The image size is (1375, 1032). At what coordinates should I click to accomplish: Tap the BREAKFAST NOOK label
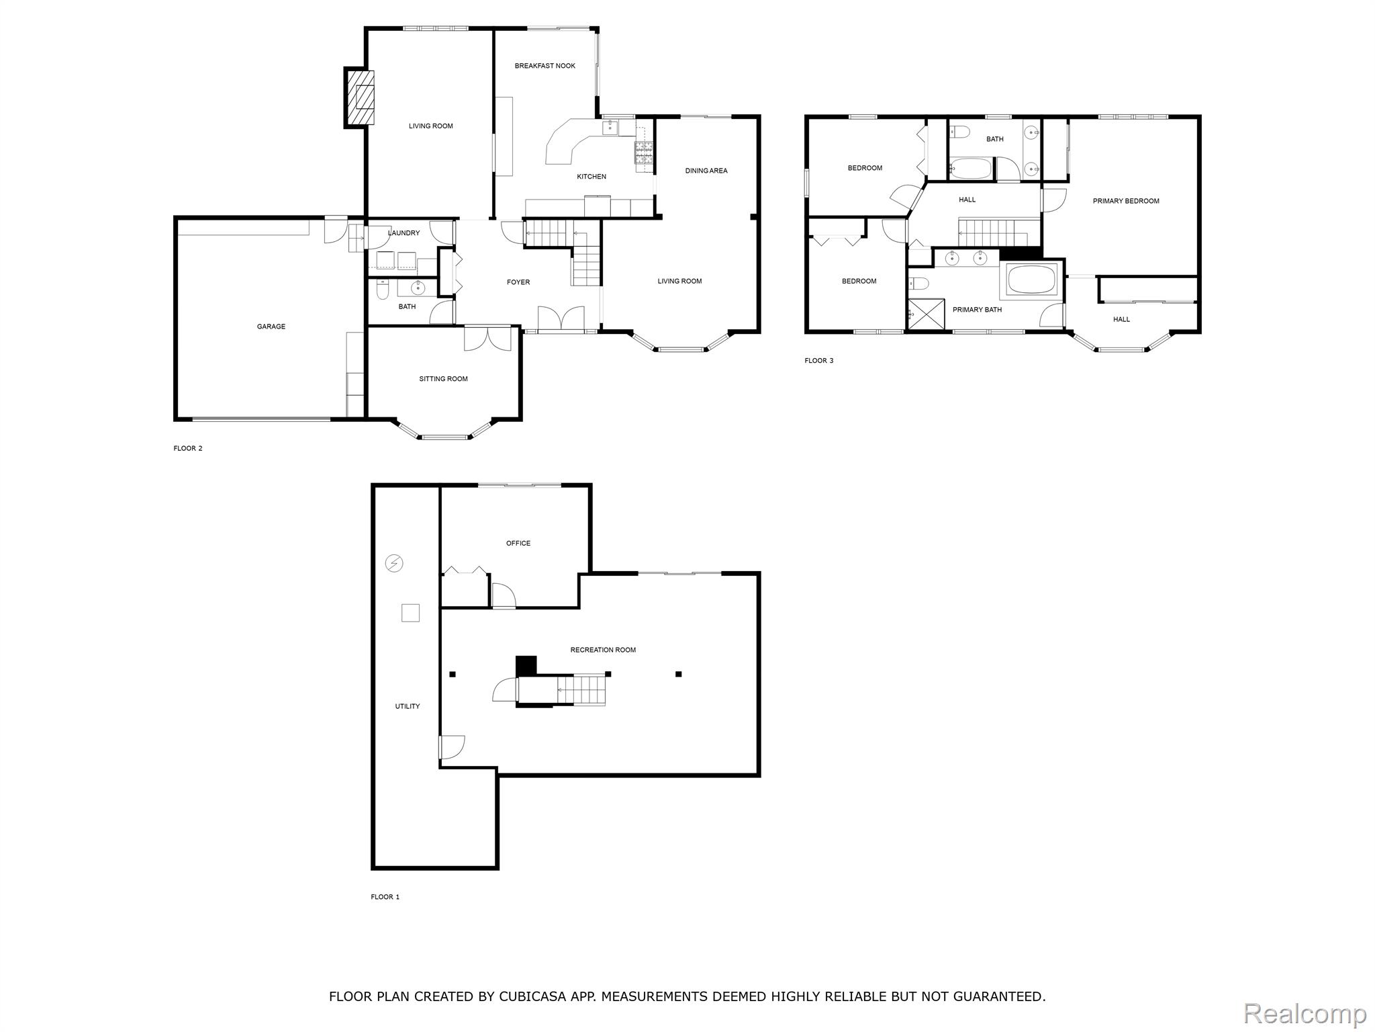pyautogui.click(x=544, y=66)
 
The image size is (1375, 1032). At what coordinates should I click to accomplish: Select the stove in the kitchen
pyautogui.click(x=644, y=153)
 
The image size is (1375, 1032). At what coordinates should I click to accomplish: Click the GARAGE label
pyautogui.click(x=271, y=327)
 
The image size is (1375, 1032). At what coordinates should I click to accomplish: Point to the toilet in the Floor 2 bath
pyautogui.click(x=383, y=290)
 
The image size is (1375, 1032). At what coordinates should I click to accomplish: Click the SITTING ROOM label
pyautogui.click(x=443, y=379)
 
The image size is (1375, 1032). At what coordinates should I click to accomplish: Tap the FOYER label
pyautogui.click(x=518, y=282)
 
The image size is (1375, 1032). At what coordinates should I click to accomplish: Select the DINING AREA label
pyautogui.click(x=706, y=171)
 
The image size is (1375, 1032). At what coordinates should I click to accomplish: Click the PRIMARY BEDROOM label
pyautogui.click(x=1125, y=201)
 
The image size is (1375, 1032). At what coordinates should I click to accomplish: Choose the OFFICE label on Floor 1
pyautogui.click(x=518, y=543)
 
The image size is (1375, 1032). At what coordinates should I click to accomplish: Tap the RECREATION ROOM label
pyautogui.click(x=602, y=650)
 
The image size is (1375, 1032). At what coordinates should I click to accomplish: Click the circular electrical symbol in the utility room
pyautogui.click(x=394, y=563)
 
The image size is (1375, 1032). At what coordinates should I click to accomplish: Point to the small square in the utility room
pyautogui.click(x=410, y=613)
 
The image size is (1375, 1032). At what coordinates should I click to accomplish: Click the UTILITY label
pyautogui.click(x=407, y=706)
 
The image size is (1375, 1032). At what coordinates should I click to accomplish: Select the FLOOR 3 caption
pyautogui.click(x=818, y=361)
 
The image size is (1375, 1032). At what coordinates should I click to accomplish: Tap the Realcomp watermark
pyautogui.click(x=1305, y=1013)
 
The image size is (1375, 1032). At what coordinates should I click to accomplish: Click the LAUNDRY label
pyautogui.click(x=403, y=233)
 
